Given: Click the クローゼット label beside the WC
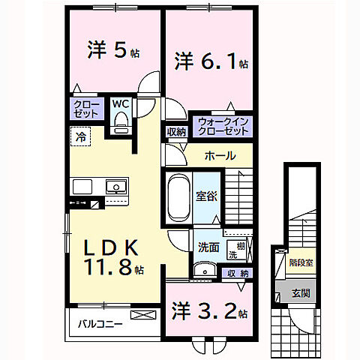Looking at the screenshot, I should click(84, 109).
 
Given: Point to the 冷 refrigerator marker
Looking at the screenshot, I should click(79, 136).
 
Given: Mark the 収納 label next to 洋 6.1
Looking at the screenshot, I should click(176, 132).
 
